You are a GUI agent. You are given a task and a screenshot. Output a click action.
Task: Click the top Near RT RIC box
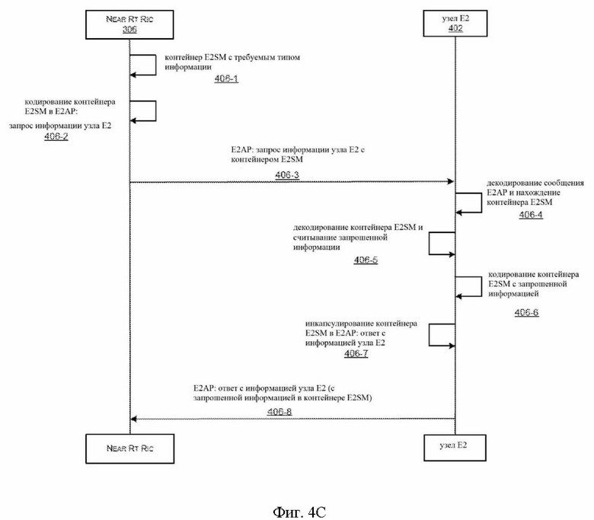tap(129, 24)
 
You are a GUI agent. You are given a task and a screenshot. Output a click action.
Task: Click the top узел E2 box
tap(455, 24)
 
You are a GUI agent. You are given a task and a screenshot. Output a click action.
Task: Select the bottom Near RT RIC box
tap(130, 448)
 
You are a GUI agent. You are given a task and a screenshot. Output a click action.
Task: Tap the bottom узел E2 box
tap(455, 448)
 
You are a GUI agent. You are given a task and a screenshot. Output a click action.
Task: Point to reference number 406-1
tap(226, 78)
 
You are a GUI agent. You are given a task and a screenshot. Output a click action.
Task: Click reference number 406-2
tap(56, 136)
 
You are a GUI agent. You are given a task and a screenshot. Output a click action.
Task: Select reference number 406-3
tap(287, 175)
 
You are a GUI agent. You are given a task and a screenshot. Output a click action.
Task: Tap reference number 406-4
tap(531, 215)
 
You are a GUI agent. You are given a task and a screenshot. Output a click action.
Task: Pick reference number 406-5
tap(366, 260)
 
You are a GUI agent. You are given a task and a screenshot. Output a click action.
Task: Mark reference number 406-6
tap(526, 312)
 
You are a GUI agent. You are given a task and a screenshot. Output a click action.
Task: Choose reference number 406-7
tap(356, 353)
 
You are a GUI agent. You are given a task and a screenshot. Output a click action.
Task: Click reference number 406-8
tap(279, 412)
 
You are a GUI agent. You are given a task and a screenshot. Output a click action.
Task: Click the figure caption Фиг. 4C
tap(299, 512)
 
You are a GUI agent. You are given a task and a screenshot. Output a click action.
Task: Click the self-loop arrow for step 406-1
tap(155, 65)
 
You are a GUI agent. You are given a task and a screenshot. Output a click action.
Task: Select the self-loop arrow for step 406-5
tap(430, 243)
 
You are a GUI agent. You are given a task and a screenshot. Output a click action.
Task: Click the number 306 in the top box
tap(129, 29)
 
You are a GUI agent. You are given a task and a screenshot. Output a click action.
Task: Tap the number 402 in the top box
tap(455, 28)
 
